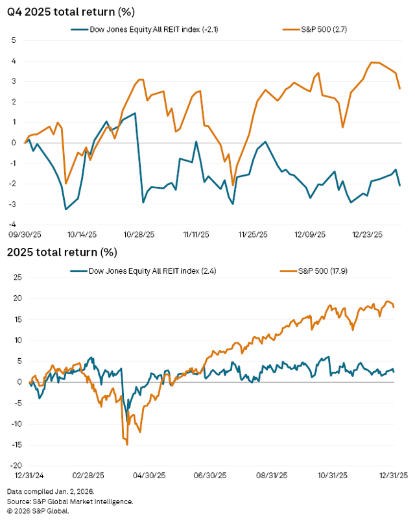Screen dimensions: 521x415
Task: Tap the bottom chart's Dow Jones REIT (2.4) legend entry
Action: point(143,269)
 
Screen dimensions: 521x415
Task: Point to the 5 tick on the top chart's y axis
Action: point(13,40)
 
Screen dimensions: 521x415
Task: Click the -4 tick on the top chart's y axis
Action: point(11,225)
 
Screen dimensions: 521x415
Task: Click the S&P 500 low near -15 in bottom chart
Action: point(127,444)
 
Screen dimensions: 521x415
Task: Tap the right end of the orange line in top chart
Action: point(399,88)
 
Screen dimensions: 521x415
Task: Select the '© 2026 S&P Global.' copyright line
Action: point(38,510)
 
